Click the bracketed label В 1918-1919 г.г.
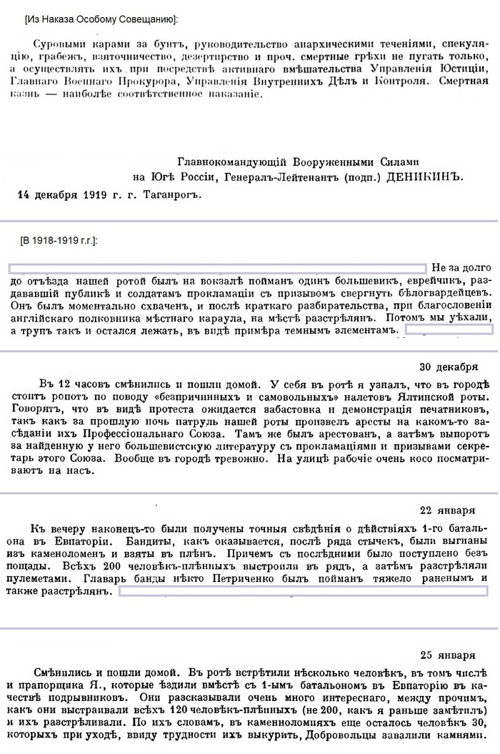point(60,241)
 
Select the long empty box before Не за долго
point(217,268)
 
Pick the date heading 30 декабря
point(447,368)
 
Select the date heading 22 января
point(448,510)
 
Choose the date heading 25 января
point(448,655)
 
